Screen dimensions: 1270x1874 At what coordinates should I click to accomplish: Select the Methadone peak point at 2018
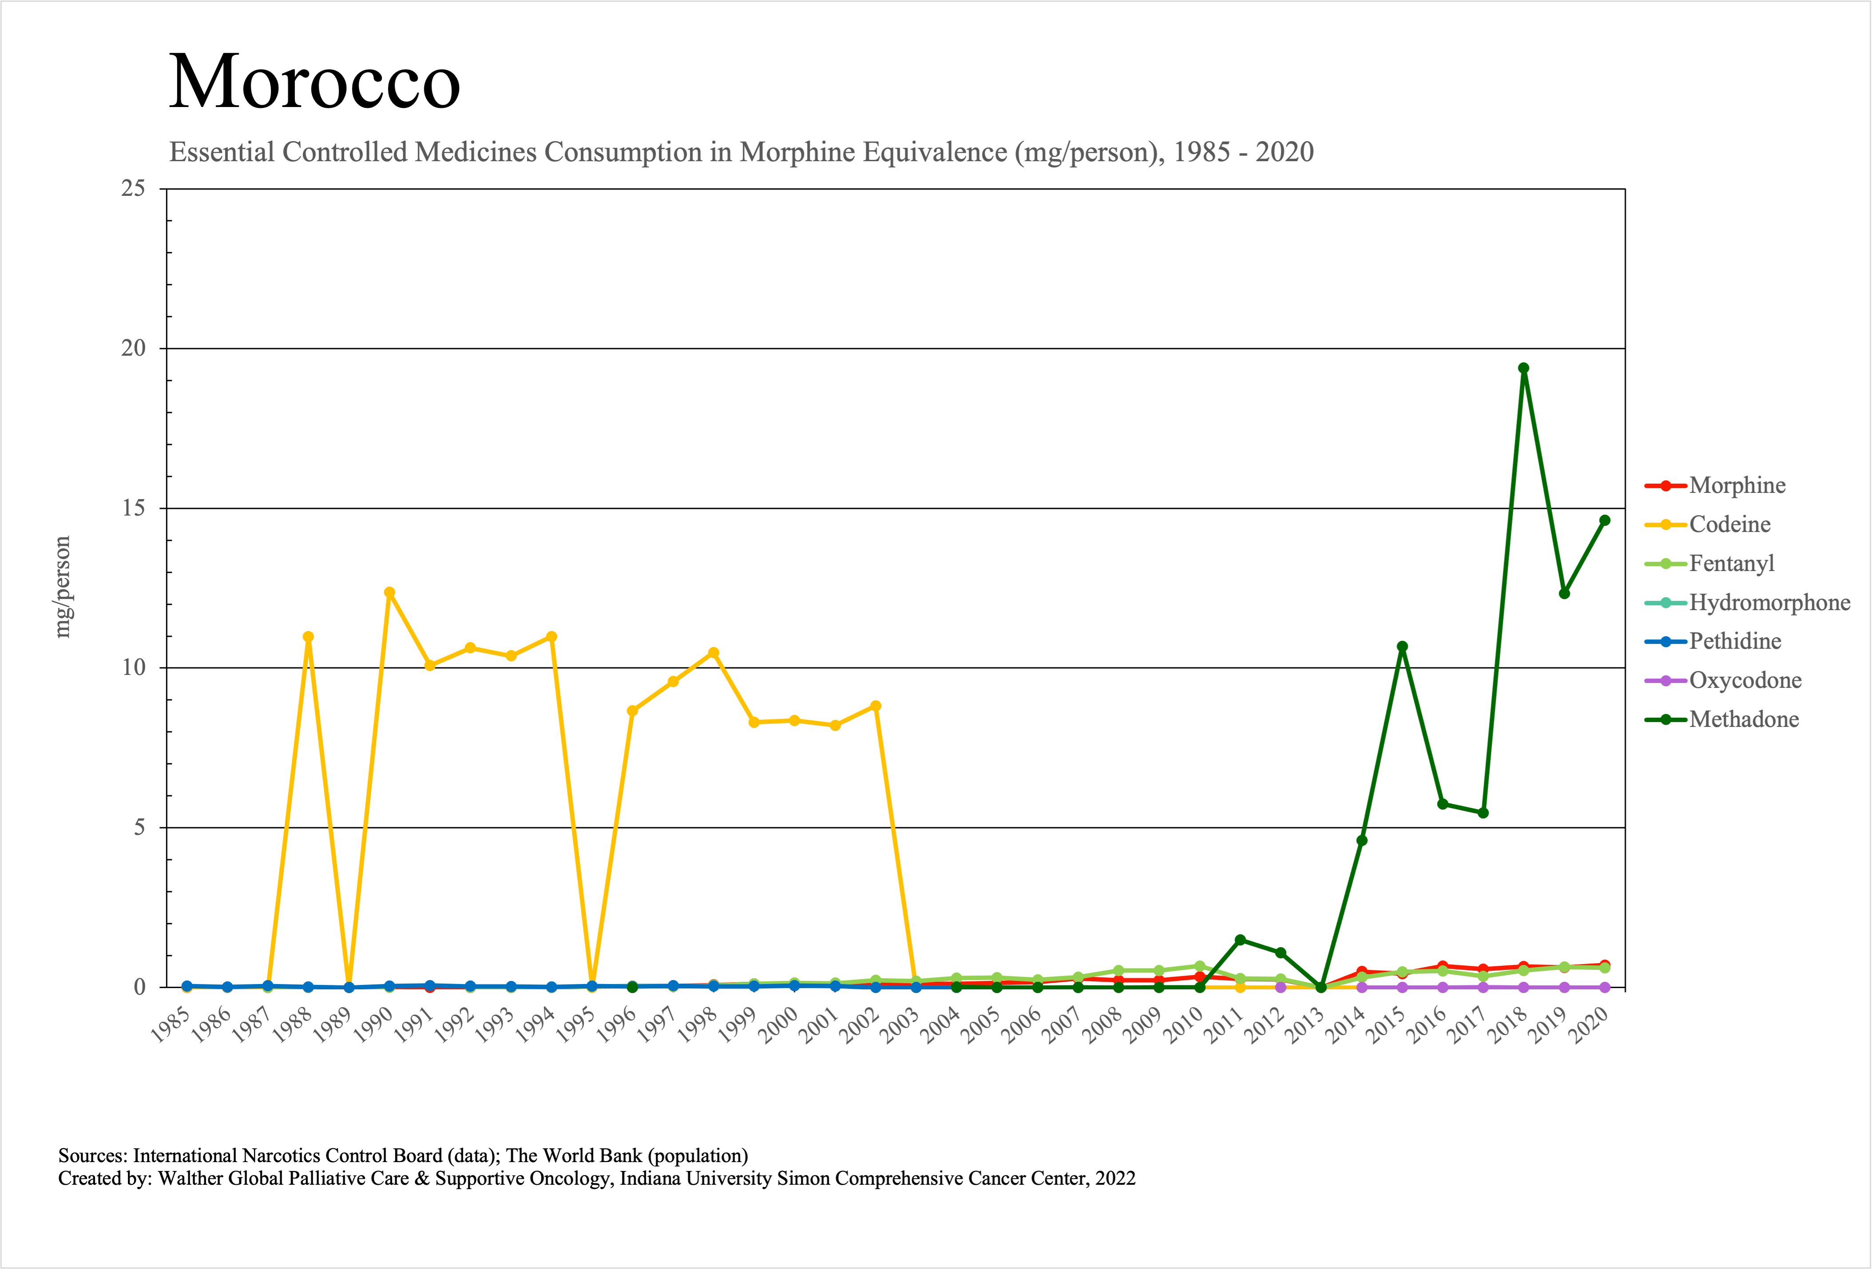[1523, 369]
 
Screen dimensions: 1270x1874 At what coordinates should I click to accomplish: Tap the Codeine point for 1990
[389, 593]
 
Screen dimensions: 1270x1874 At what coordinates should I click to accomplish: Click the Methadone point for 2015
[1402, 647]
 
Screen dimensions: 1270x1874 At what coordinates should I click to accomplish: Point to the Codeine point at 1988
[308, 637]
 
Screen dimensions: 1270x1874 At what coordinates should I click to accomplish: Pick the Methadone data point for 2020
[1605, 521]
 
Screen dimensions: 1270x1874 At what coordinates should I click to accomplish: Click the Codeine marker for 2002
[876, 706]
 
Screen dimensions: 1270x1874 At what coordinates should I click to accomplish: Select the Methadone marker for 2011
[1240, 940]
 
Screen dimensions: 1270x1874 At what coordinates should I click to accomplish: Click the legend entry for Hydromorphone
[1769, 602]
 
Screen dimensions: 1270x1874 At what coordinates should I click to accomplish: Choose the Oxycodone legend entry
[1745, 681]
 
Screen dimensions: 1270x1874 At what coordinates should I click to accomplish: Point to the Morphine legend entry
[1737, 485]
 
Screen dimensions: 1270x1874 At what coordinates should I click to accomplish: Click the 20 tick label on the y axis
[133, 348]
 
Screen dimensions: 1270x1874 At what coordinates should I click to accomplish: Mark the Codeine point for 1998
[713, 653]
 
